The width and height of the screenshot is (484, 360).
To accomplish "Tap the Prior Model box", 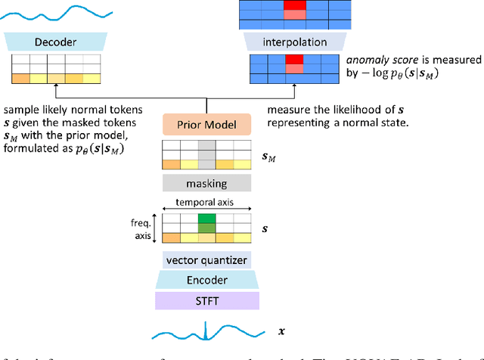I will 206,125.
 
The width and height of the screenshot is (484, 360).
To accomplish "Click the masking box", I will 206,183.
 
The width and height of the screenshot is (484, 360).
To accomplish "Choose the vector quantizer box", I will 206,260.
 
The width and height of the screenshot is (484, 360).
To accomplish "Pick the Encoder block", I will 206,279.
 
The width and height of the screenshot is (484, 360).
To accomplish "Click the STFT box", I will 206,301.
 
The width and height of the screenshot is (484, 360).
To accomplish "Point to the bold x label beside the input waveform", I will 282,331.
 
